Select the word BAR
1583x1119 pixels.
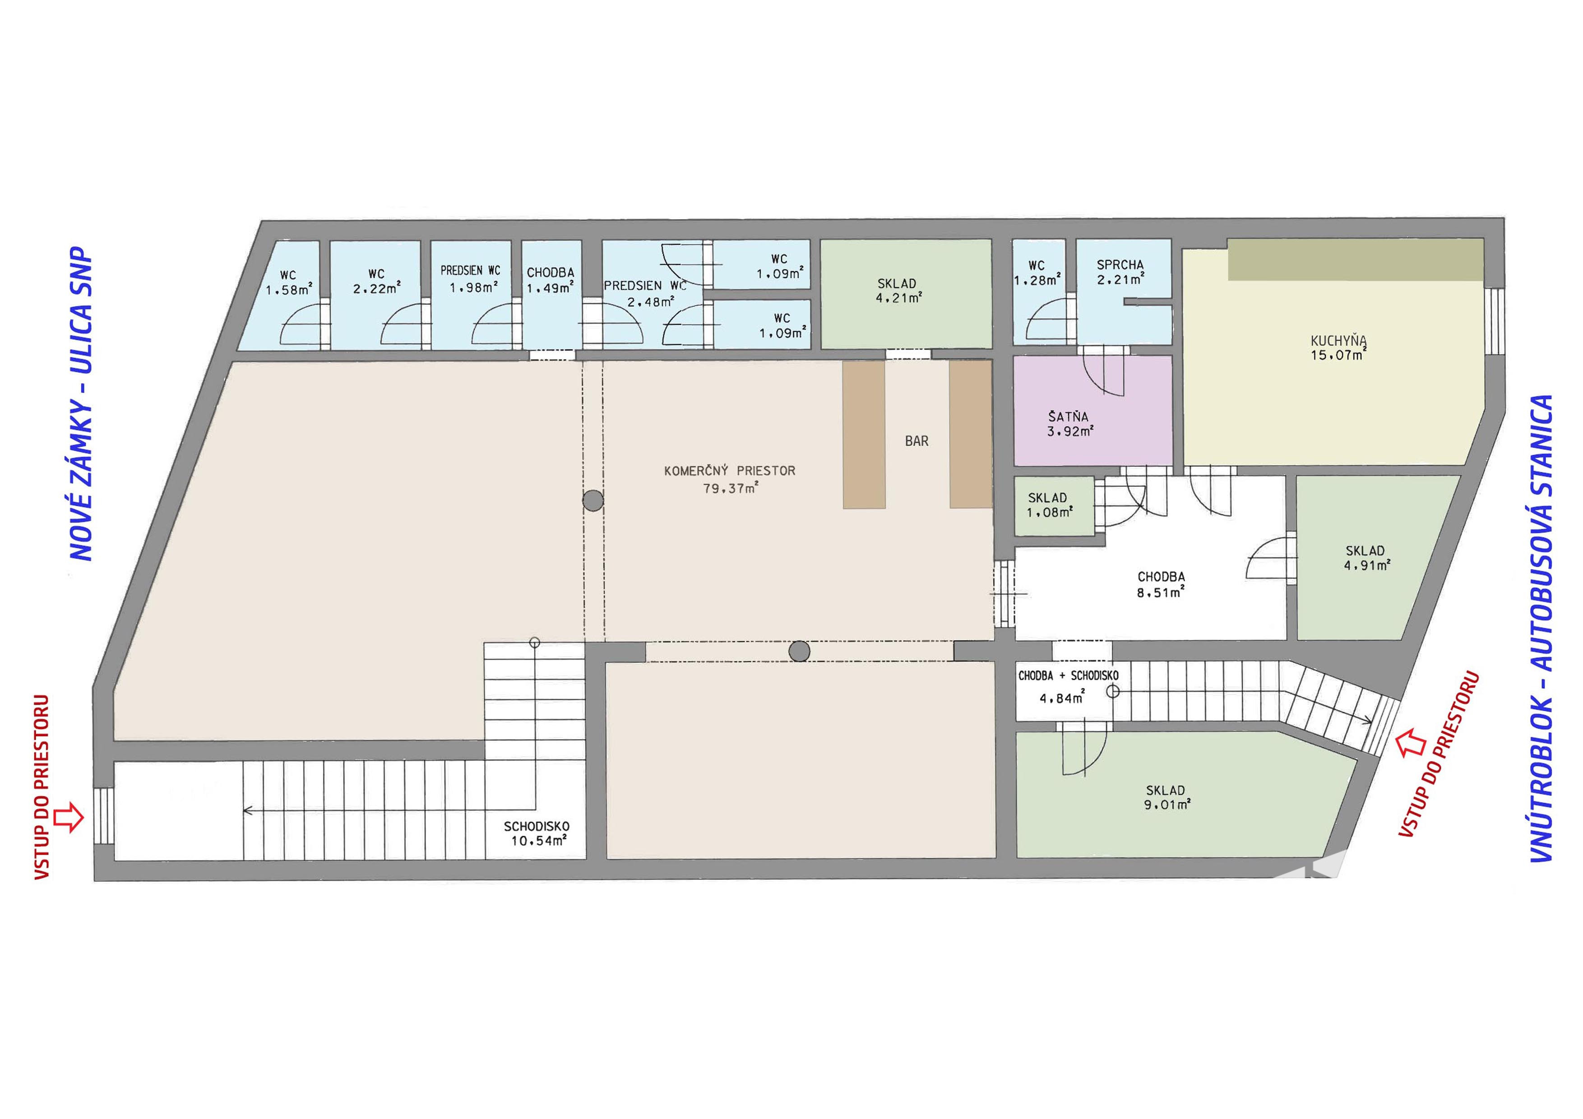click(916, 441)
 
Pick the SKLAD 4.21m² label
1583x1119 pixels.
click(898, 290)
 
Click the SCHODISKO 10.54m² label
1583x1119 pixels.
click(537, 833)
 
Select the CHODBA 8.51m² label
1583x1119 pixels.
click(1161, 584)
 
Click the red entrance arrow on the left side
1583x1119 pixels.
click(69, 817)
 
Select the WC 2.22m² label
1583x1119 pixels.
click(376, 281)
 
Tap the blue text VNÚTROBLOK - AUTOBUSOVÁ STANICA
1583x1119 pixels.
click(1541, 628)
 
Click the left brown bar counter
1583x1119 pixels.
click(864, 435)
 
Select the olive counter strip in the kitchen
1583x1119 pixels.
click(1356, 260)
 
